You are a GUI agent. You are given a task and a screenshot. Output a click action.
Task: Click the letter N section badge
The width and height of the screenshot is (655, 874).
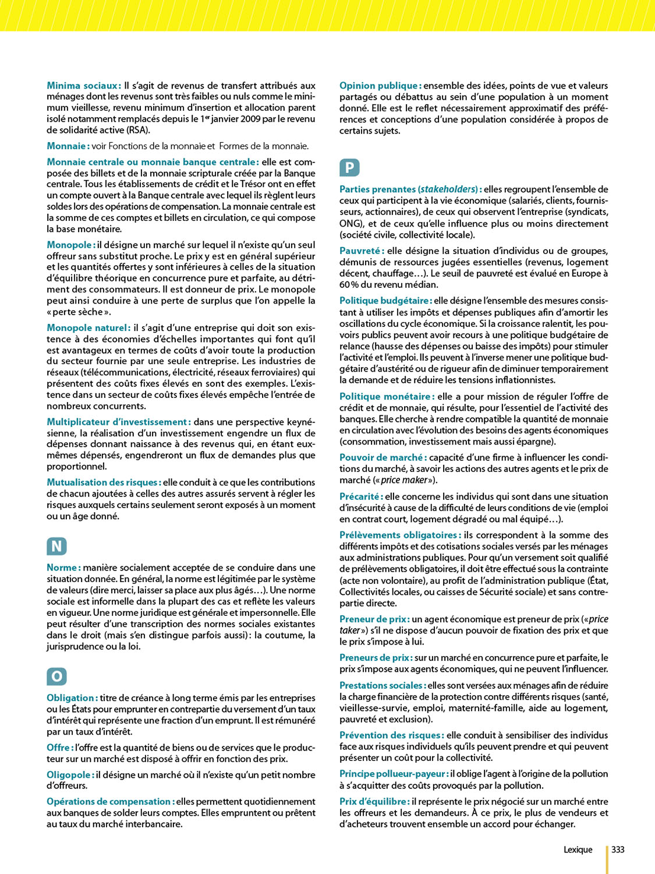click(56, 547)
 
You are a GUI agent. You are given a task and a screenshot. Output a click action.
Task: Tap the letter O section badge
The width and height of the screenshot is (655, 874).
click(56, 676)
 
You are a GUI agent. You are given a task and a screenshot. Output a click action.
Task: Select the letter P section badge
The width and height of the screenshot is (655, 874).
click(349, 168)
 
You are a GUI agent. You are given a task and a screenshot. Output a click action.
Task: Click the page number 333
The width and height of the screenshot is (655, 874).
click(618, 850)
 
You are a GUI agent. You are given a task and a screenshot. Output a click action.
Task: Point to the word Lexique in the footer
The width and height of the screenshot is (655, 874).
click(578, 850)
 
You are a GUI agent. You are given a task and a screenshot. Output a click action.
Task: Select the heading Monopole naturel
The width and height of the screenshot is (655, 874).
click(88, 328)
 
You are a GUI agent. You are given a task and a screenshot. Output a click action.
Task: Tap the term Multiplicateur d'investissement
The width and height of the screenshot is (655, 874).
click(118, 422)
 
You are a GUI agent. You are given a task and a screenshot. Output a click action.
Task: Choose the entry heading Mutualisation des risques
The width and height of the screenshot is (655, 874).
click(103, 482)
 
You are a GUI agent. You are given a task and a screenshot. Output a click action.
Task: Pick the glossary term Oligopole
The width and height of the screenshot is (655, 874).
click(70, 775)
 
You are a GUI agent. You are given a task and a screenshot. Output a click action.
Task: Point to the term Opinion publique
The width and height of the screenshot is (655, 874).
click(380, 86)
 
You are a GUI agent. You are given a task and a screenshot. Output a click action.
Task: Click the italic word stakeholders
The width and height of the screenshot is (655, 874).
click(448, 189)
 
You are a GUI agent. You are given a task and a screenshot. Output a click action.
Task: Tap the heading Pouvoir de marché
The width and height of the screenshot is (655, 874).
click(383, 457)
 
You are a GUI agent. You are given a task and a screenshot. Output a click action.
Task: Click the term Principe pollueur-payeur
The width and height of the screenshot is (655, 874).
click(394, 774)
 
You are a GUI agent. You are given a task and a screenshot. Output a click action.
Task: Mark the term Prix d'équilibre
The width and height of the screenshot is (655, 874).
click(374, 802)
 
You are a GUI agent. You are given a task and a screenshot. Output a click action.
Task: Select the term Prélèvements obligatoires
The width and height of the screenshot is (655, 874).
click(400, 535)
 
